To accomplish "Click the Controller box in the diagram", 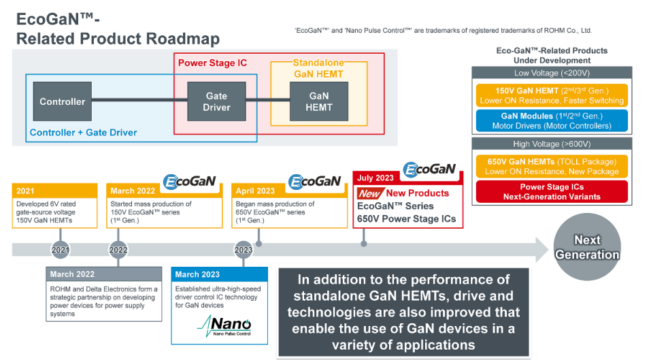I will pyautogui.click(x=63, y=102).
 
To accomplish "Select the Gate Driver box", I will pyautogui.click(x=216, y=102).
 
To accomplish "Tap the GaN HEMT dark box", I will pyautogui.click(x=319, y=102).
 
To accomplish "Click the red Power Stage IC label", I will pyautogui.click(x=212, y=63).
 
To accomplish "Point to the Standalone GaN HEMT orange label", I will pyautogui.click(x=318, y=69).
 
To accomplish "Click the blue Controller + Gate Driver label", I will pyautogui.click(x=84, y=133).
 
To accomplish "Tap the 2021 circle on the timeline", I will pyautogui.click(x=61, y=250).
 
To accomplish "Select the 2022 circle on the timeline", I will pyautogui.click(x=118, y=250).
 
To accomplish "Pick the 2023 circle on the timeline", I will pyautogui.click(x=244, y=250).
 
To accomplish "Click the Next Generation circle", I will pyautogui.click(x=587, y=248).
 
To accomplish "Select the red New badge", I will pyautogui.click(x=370, y=193).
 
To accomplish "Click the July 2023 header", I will pyautogui.click(x=376, y=178).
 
